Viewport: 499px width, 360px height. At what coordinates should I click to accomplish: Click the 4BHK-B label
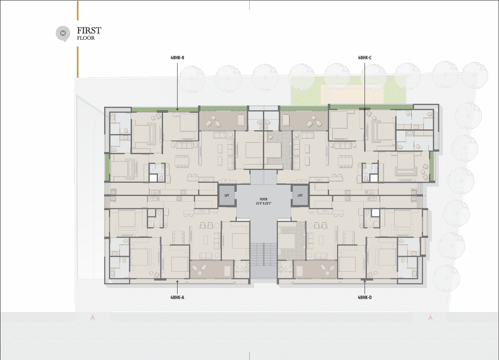177,58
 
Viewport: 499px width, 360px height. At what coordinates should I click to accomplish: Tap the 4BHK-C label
365,58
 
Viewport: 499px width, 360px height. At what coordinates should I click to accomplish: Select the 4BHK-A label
177,297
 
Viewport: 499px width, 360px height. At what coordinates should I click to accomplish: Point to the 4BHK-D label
365,297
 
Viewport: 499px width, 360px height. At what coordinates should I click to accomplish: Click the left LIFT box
227,196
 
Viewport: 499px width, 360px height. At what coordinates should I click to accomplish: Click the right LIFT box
300,196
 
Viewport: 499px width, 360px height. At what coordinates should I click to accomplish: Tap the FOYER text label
263,199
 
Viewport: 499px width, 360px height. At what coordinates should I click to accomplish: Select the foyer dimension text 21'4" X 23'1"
263,203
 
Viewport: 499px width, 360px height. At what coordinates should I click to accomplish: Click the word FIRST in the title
89,31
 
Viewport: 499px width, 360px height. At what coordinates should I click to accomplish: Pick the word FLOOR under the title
86,38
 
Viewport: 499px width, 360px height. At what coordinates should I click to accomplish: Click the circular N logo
63,33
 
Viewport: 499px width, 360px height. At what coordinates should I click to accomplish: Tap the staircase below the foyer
263,254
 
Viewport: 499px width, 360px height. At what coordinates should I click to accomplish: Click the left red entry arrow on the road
93,317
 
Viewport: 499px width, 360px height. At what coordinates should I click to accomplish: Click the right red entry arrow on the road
430,317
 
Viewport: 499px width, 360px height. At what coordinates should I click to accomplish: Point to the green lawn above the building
348,91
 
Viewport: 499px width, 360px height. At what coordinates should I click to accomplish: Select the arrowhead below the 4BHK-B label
177,109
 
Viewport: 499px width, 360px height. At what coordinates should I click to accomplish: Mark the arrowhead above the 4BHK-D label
365,281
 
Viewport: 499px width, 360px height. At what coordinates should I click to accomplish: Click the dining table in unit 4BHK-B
181,161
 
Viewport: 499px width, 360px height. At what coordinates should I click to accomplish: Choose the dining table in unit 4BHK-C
345,161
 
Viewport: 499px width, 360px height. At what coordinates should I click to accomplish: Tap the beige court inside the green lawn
352,94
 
